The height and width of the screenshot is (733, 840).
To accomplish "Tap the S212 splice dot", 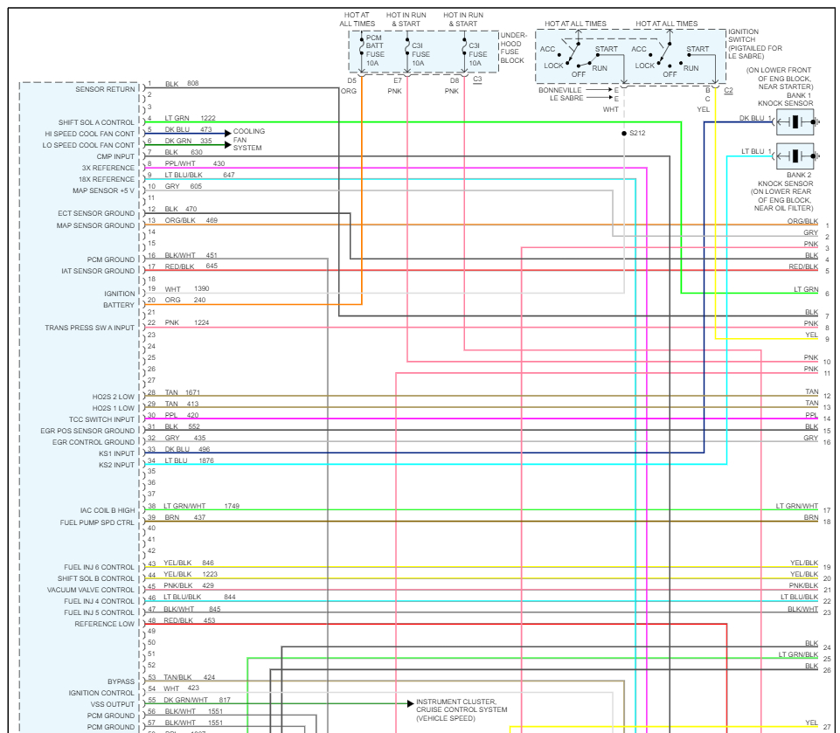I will (x=623, y=134).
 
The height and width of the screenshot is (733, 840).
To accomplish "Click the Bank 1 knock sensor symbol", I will (x=795, y=120).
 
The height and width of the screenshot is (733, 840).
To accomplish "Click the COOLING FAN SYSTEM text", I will (x=248, y=140).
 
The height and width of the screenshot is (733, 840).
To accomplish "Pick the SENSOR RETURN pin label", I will (x=105, y=89).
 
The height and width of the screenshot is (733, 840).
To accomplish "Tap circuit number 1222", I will (x=208, y=118).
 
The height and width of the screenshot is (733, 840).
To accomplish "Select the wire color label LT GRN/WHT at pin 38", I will (x=184, y=506).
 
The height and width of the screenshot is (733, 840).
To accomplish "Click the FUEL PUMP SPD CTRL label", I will (x=97, y=522).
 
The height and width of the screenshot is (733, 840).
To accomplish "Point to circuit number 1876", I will (x=206, y=460).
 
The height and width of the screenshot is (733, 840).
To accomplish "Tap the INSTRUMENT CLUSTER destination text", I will (x=456, y=702).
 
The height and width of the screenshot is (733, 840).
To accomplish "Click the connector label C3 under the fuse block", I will (x=477, y=80).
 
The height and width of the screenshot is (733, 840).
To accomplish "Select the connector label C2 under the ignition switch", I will (x=728, y=90).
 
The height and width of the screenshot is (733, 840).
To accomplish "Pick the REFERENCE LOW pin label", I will (x=104, y=624).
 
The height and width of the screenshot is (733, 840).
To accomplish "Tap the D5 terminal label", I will (x=351, y=80).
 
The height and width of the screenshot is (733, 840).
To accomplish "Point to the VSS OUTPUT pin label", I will (x=113, y=704).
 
